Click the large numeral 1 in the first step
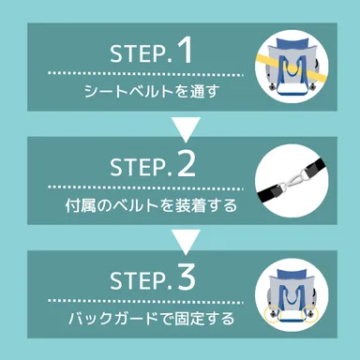184,52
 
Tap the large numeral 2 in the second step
185,164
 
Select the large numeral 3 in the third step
185,277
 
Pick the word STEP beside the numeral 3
139,280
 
